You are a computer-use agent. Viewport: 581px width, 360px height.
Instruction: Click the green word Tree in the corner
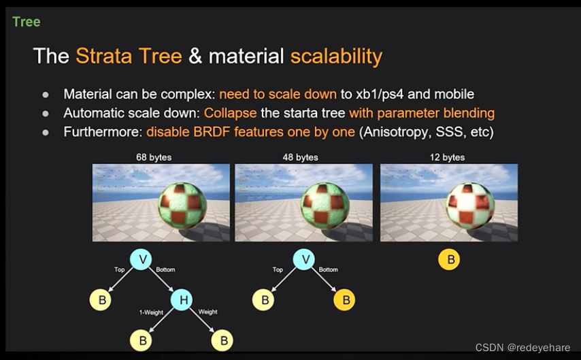tap(27, 22)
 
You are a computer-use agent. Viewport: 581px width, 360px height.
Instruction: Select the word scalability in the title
tap(336, 56)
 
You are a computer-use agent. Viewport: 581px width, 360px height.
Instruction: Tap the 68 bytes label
tap(154, 157)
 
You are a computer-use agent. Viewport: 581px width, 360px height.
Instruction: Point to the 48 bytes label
tap(300, 157)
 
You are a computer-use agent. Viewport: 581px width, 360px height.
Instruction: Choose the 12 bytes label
tap(447, 157)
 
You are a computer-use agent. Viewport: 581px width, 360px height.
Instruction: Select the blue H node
tap(182, 299)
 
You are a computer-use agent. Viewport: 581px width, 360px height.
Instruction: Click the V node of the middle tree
tap(304, 259)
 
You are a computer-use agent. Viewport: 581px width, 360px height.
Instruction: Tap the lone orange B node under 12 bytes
tap(449, 259)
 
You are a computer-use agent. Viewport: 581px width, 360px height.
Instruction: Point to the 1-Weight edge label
tap(150, 312)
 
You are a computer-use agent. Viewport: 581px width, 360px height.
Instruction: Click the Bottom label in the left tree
tap(165, 270)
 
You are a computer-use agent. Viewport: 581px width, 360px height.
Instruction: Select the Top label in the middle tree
tap(278, 270)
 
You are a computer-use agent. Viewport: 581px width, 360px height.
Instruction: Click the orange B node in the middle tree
tap(344, 299)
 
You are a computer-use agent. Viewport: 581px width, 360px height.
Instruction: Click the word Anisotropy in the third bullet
tap(394, 131)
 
